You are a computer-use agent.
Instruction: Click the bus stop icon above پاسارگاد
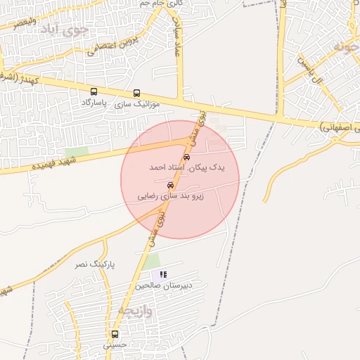(x=94, y=92)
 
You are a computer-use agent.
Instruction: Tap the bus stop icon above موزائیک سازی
(x=136, y=93)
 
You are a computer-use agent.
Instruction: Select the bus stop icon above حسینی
(x=115, y=334)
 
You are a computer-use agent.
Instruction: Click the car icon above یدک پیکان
(x=186, y=157)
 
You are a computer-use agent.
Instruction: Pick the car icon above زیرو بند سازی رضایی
(x=171, y=185)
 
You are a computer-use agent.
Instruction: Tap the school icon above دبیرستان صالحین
(x=163, y=274)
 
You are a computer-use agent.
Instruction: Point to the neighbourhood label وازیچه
(x=134, y=309)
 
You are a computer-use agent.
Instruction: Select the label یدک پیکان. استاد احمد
(x=177, y=169)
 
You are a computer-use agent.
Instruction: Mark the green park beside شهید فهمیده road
(x=77, y=152)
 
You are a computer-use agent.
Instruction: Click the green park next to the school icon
(x=151, y=262)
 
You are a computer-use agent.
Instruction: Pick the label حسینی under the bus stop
(x=114, y=345)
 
